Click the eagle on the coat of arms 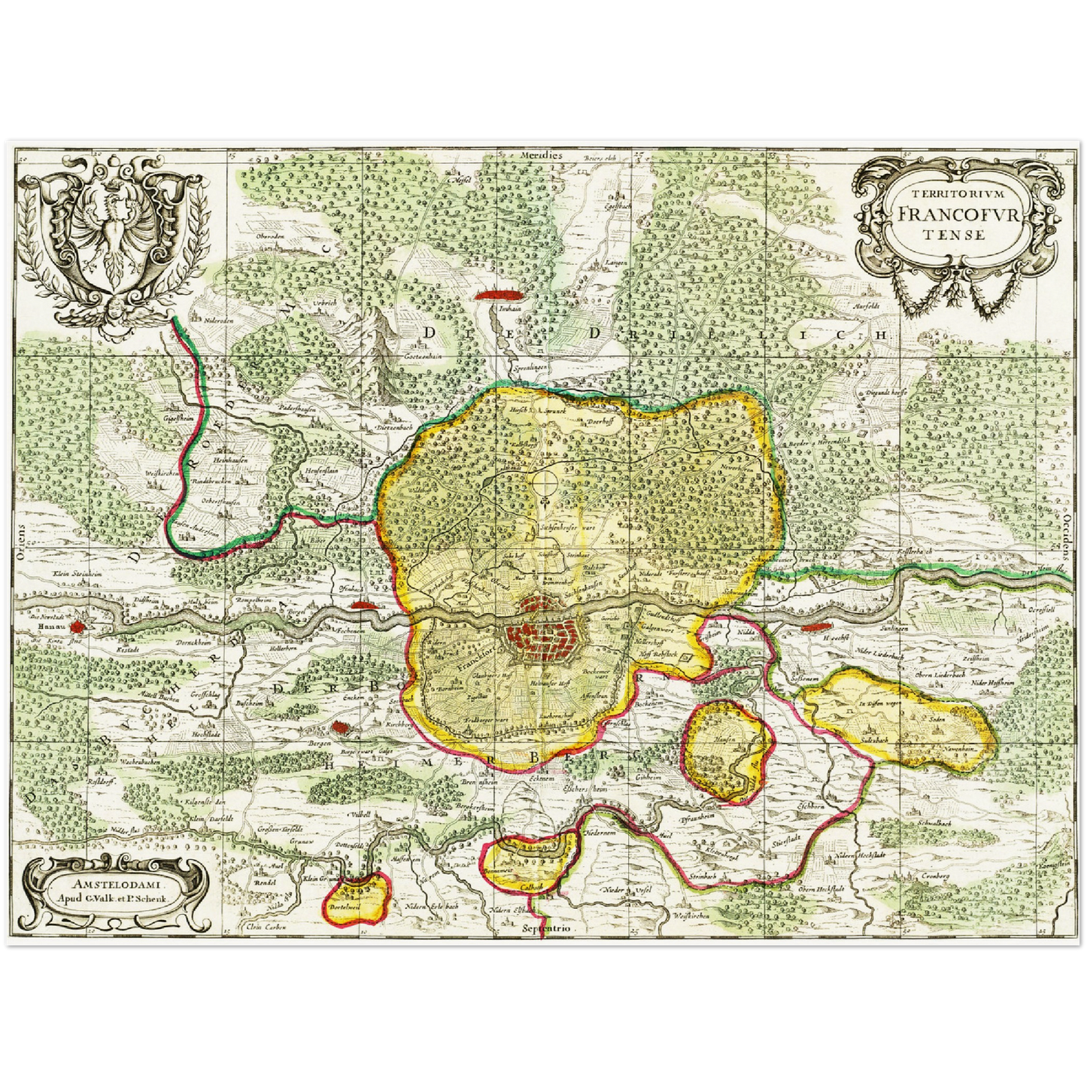pyautogui.click(x=114, y=232)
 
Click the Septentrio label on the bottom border pyautogui.click(x=546, y=929)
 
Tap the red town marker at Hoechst pyautogui.click(x=815, y=626)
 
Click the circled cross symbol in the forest pyautogui.click(x=544, y=482)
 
